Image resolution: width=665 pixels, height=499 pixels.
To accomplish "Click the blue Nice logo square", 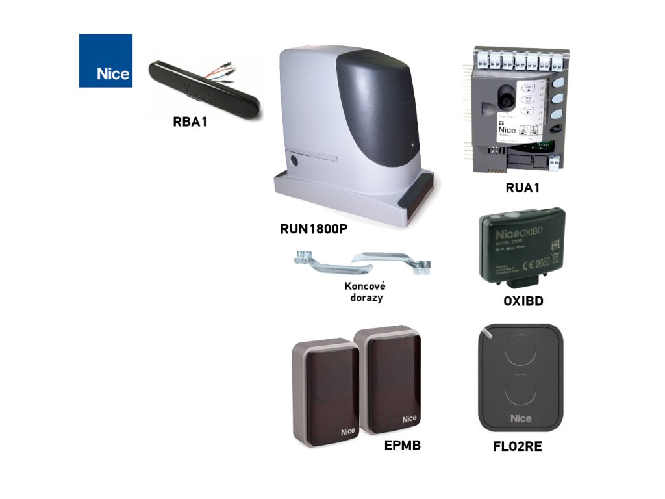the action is tap(105, 60).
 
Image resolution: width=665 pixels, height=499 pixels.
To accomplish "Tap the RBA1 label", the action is tap(190, 122).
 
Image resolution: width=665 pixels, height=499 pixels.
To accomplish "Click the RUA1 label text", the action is tap(523, 188).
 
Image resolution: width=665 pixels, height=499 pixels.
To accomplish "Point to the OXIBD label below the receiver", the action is tap(523, 302).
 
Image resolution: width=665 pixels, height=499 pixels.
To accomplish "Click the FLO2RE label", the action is tap(518, 447).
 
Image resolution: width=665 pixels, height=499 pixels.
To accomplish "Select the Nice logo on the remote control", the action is tap(520, 418).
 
